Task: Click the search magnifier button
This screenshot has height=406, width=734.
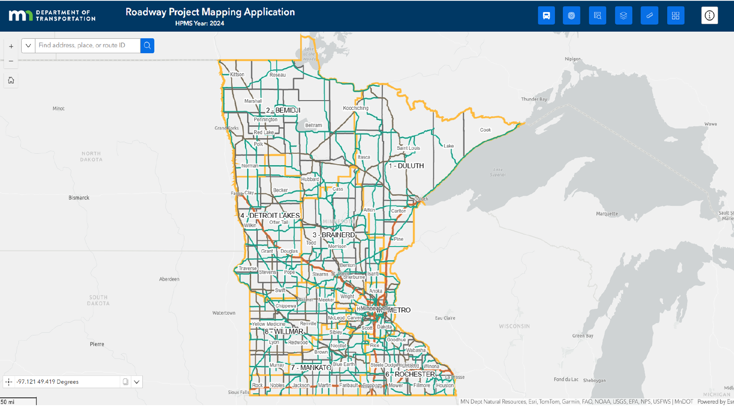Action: point(147,46)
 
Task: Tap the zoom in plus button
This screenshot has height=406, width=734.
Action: point(11,46)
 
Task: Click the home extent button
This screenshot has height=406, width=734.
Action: point(11,80)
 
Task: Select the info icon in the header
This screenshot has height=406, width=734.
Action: point(709,15)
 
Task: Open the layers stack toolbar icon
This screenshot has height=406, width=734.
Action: point(623,15)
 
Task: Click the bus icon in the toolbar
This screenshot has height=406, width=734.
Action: point(546,15)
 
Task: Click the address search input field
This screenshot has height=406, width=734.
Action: point(88,46)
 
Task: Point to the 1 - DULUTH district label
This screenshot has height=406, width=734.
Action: point(406,166)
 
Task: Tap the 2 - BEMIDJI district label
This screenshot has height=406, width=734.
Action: point(283,110)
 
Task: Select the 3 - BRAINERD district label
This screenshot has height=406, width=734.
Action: point(333,235)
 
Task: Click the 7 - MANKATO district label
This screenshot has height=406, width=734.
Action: point(311,368)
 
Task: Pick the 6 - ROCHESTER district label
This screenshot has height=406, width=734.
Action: point(410,375)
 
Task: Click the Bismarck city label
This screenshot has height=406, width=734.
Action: point(79,198)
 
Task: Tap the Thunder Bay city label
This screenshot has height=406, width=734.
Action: point(534,99)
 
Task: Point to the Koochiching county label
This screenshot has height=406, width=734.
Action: point(355,108)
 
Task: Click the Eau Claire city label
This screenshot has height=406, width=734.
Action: point(445,318)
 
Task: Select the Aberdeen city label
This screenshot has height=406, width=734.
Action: point(169,279)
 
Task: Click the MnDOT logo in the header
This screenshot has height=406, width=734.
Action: point(52,15)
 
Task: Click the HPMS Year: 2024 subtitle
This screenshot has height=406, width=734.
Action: point(200,23)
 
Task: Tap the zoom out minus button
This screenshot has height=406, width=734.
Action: point(11,61)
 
